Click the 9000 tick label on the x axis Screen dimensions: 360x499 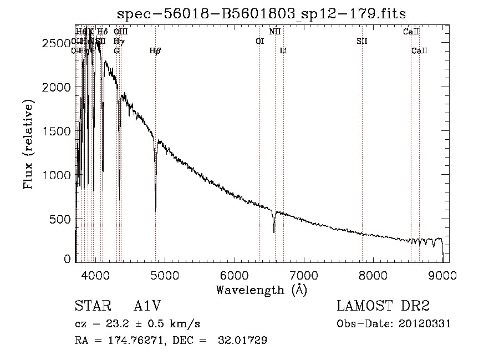[442, 275]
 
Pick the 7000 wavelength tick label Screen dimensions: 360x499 [304, 275]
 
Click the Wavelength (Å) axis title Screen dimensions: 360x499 [261, 290]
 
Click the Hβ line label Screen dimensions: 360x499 [155, 51]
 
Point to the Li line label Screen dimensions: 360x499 [283, 51]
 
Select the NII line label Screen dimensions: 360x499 [275, 32]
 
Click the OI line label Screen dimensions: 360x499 [259, 41]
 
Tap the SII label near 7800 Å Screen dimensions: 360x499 [362, 41]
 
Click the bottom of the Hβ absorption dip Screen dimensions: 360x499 [155, 210]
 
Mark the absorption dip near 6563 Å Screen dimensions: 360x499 [274, 231]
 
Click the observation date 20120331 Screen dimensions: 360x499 [425, 324]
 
